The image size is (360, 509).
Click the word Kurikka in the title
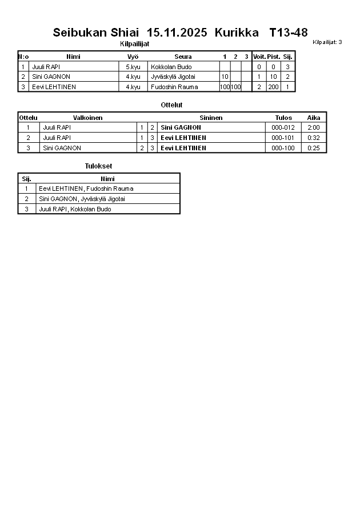pos(233,33)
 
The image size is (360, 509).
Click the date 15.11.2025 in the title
pos(177,33)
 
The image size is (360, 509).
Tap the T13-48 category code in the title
pos(288,33)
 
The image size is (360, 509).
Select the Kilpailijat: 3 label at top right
pos(327,42)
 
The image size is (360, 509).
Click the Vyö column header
pos(133,57)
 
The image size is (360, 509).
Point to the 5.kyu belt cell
pos(133,67)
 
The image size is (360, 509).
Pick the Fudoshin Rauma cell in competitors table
pos(174,87)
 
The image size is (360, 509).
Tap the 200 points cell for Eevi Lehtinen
pos(273,87)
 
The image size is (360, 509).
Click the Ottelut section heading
pos(171,105)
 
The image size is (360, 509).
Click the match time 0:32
pos(313,138)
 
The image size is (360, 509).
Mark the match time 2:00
pos(313,127)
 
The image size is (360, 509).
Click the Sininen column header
pos(211,118)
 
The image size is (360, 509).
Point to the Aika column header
pos(314,118)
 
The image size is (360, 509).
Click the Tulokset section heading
pos(98,166)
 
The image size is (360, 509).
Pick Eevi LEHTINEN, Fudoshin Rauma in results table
pos(86,189)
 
